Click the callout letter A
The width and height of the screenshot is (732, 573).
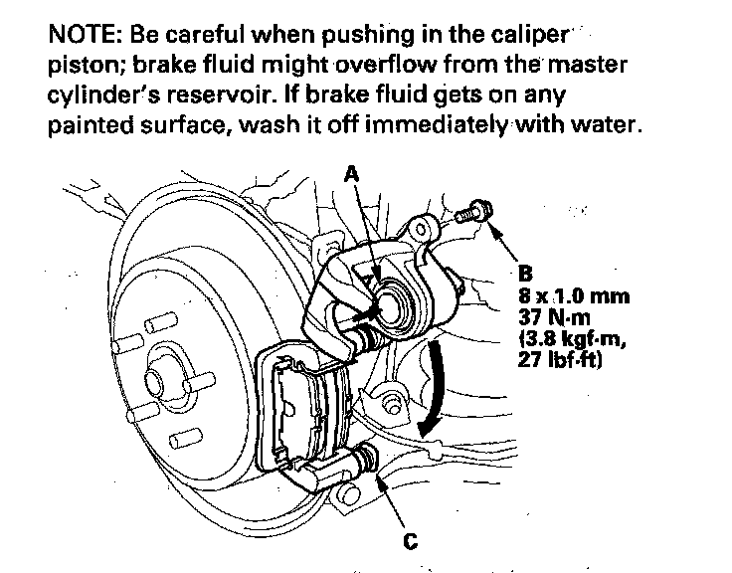(x=350, y=173)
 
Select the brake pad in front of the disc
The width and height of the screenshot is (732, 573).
(x=298, y=408)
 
